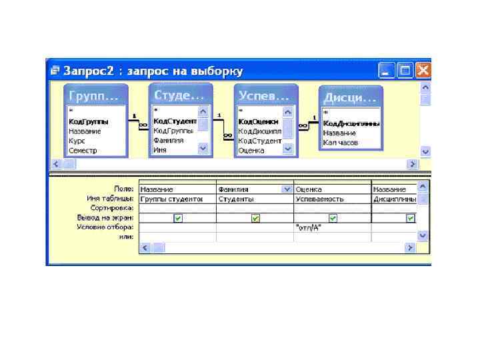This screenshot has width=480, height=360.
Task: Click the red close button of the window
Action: point(423,71)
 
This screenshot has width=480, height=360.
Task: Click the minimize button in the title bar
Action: point(387,71)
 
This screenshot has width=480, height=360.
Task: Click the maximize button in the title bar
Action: point(405,71)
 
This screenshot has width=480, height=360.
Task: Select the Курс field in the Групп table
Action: point(76,141)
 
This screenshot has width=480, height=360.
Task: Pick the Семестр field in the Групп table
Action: point(83,150)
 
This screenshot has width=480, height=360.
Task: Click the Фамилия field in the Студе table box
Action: point(169,141)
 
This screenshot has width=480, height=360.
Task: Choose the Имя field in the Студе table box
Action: point(160,150)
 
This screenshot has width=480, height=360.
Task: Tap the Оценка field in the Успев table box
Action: point(252,150)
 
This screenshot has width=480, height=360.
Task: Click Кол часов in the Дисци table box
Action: point(341,142)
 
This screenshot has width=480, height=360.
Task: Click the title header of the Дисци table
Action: point(350,97)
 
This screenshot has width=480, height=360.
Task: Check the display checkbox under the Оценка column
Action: point(333,217)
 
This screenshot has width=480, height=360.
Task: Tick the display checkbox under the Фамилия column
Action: point(255,217)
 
